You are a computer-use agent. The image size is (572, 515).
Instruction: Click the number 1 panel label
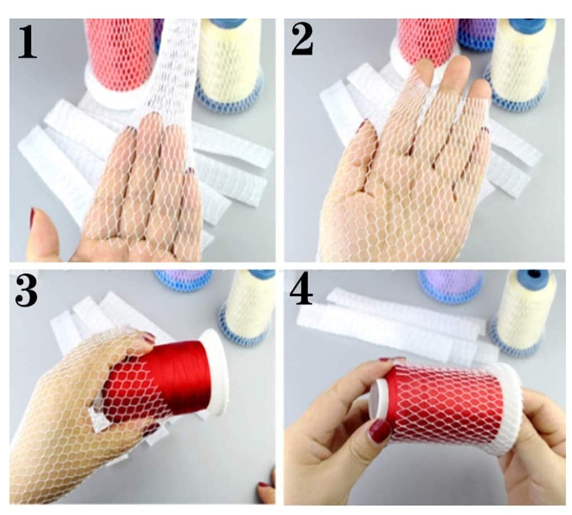tap(27, 41)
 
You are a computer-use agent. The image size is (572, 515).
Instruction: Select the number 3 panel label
tap(26, 291)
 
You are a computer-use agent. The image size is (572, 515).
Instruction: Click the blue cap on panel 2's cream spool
tap(527, 25)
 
